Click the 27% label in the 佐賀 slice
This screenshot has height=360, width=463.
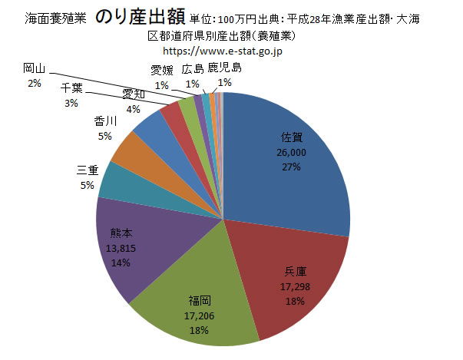(293, 167)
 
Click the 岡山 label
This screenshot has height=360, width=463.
(34, 69)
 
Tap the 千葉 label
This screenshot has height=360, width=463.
(72, 90)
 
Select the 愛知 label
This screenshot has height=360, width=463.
(134, 95)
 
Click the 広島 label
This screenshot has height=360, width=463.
(192, 69)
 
